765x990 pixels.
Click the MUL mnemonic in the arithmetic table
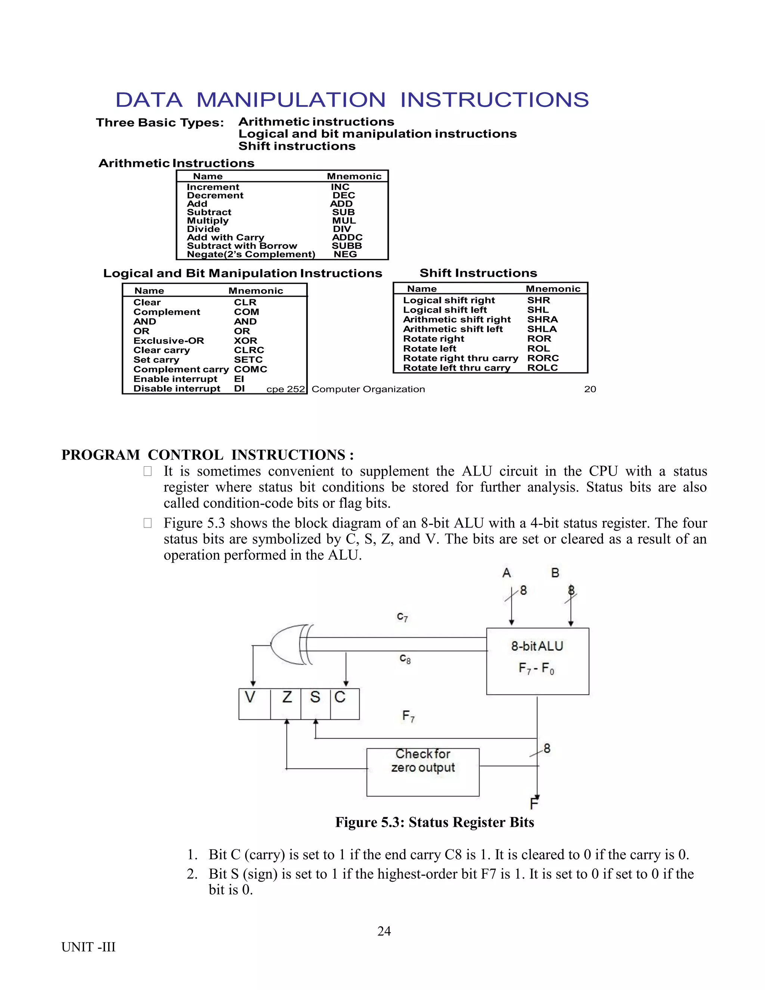tap(344, 221)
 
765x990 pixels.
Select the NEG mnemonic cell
tap(346, 254)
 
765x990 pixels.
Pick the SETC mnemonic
tap(248, 359)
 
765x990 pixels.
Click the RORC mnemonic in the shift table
tap(543, 358)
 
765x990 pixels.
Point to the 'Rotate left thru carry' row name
tap(457, 368)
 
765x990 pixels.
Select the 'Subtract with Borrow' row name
tap(242, 246)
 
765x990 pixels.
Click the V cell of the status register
tap(250, 697)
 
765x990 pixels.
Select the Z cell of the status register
tap(287, 697)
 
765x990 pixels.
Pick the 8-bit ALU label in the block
tap(537, 646)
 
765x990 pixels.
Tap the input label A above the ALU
tap(507, 573)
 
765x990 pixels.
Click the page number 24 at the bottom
tap(384, 931)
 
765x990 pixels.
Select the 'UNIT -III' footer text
tap(89, 947)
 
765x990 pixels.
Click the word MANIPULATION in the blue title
tap(291, 100)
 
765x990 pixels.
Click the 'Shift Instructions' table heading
tap(478, 273)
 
